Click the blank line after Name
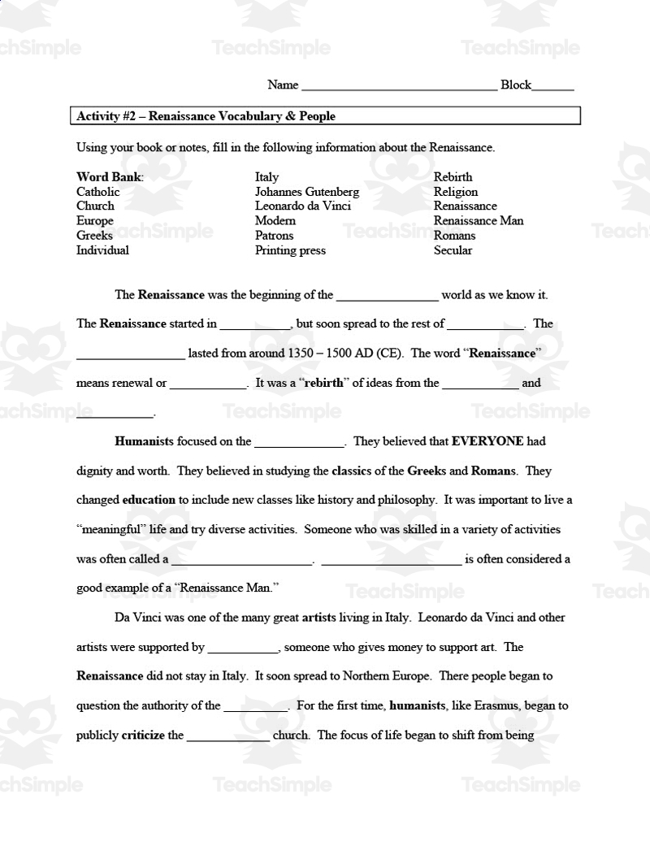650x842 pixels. (398, 86)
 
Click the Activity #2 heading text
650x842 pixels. (206, 116)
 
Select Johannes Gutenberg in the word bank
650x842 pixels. (306, 192)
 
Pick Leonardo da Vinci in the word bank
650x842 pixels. (302, 206)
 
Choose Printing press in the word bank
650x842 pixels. (290, 250)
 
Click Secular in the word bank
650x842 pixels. (453, 250)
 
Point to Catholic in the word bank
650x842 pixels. (97, 192)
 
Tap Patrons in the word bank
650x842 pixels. (274, 236)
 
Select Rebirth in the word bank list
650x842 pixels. (453, 177)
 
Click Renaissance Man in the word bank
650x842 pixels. (478, 221)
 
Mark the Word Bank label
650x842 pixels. (110, 177)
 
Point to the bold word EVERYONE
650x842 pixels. (487, 442)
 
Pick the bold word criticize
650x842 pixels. (143, 736)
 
